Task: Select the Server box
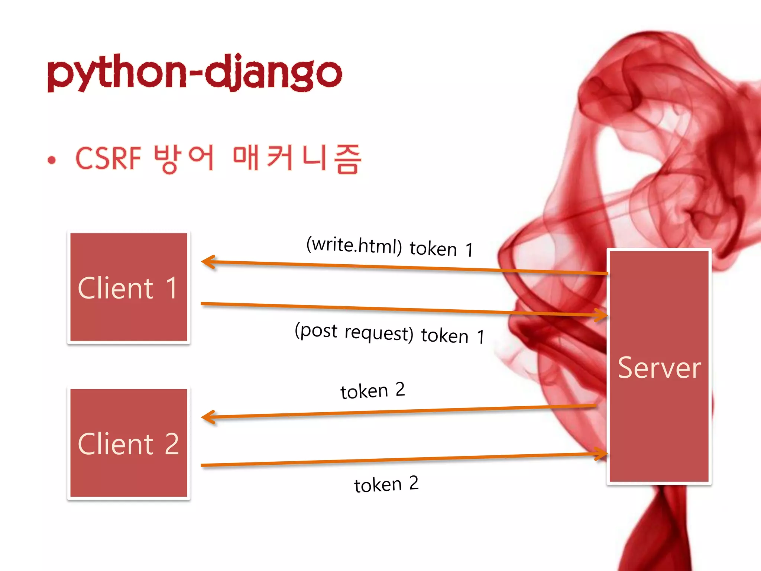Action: click(659, 428)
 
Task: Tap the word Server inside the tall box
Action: click(659, 368)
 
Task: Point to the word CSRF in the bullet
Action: click(108, 158)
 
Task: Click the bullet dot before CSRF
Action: click(52, 160)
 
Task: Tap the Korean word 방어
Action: click(184, 158)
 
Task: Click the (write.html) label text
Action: click(354, 245)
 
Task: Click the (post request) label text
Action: click(354, 332)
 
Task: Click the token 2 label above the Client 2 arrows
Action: click(372, 391)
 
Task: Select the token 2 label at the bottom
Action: click(386, 484)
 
